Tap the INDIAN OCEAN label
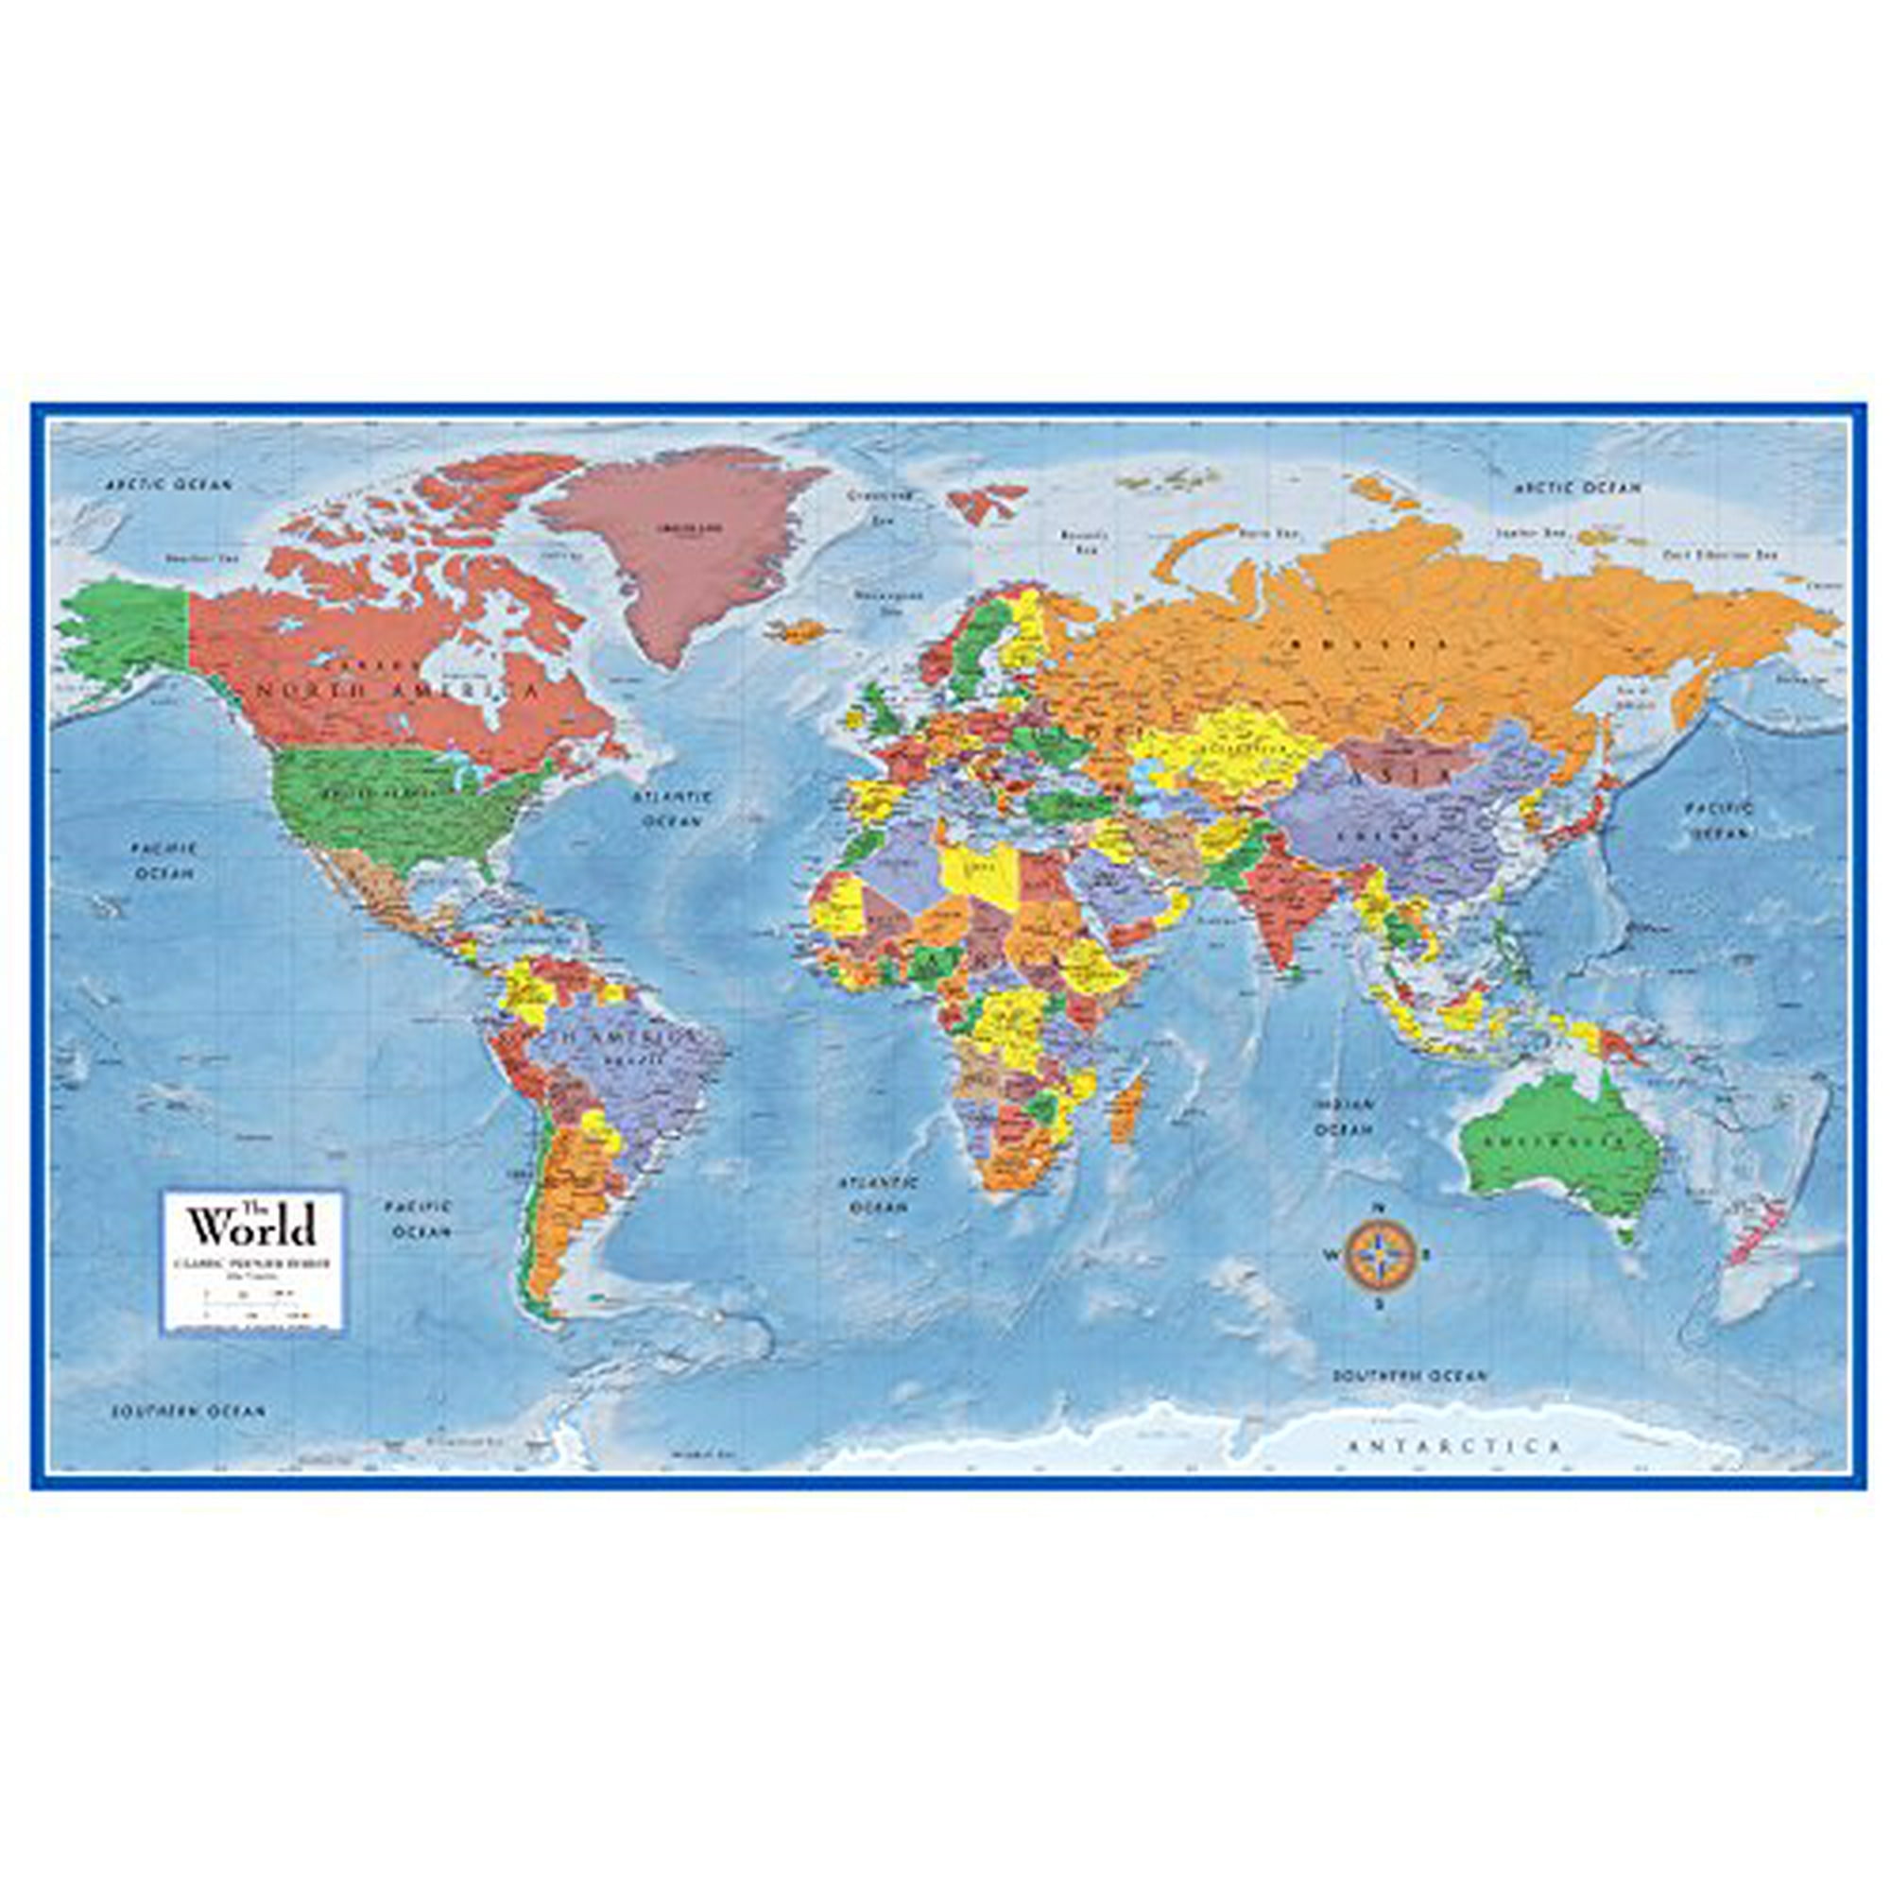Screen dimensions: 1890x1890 1344,1116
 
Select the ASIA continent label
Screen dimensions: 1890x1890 1414,774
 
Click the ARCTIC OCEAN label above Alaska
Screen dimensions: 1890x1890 169,483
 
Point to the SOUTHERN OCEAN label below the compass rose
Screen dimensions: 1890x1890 1409,1374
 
